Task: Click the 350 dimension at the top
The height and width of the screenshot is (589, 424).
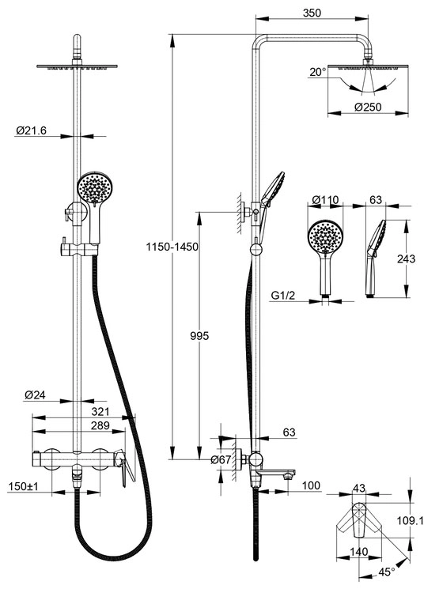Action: click(x=312, y=13)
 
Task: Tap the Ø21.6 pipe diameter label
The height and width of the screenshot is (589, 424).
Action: click(x=31, y=130)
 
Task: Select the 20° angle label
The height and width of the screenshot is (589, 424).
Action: click(x=318, y=72)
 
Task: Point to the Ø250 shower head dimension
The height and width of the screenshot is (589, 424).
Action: click(x=368, y=107)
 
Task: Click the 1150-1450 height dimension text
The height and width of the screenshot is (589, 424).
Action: click(x=172, y=247)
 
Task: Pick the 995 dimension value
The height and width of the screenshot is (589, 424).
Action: click(x=199, y=336)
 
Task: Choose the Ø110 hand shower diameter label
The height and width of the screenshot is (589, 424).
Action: click(x=326, y=199)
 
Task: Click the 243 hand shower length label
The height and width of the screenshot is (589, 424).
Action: click(x=406, y=259)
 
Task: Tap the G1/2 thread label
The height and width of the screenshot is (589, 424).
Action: click(x=283, y=296)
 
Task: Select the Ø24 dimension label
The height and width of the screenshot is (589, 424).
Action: click(x=35, y=395)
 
